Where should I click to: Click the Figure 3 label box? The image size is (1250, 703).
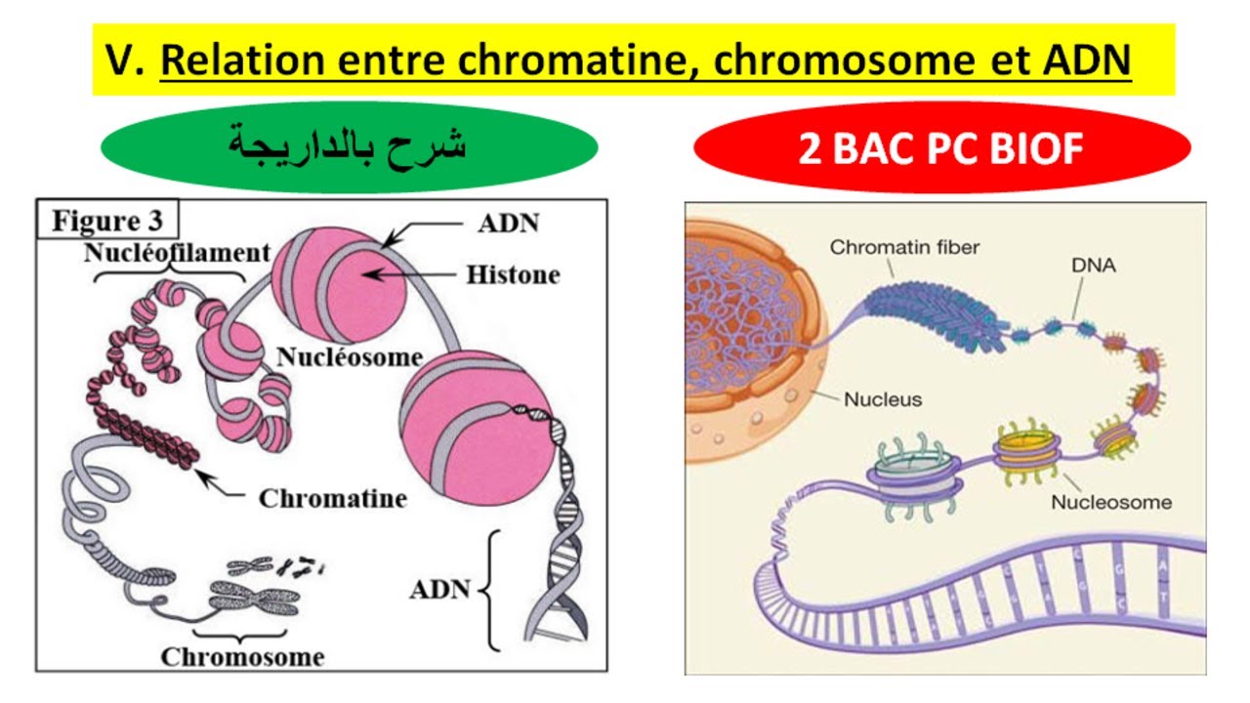(106, 220)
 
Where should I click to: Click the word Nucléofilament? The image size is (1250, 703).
(176, 254)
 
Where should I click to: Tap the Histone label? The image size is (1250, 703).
(513, 275)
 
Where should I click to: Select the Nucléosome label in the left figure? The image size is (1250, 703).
(349, 356)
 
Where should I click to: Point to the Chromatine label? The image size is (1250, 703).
(332, 499)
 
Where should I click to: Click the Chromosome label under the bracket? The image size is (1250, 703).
(242, 656)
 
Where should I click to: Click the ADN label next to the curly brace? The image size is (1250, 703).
(439, 591)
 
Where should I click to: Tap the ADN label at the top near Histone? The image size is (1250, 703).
(508, 224)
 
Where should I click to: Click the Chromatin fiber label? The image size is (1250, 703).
(904, 248)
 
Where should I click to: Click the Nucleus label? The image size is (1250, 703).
(883, 399)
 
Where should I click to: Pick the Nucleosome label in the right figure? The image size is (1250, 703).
(1111, 503)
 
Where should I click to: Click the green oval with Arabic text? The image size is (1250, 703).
(349, 145)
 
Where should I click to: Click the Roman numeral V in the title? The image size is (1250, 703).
(121, 62)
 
